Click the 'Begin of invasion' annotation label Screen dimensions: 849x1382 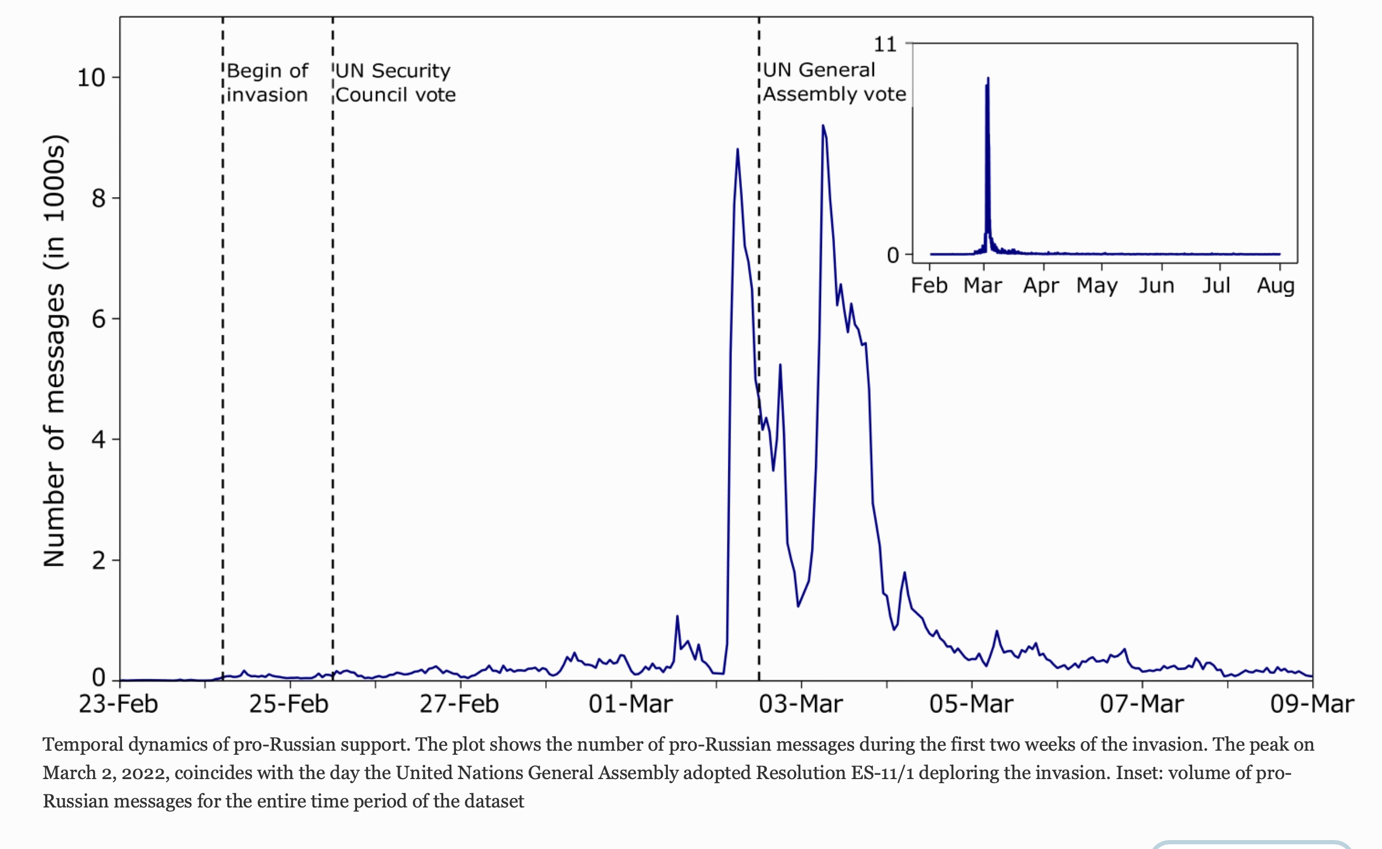267,83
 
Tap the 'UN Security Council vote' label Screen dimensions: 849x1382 395,83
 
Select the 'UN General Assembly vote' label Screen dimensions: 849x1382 834,82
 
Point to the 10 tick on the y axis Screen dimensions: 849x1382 92,77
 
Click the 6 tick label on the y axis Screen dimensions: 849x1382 99,319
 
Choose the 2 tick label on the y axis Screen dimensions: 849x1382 99,560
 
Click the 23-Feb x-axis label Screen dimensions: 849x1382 118,704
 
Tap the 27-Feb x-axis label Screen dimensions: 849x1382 460,704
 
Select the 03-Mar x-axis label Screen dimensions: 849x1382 801,704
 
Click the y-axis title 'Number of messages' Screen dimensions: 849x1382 55,351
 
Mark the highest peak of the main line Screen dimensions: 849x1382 822,126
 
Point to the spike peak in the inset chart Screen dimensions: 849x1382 988,79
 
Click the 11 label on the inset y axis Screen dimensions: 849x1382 885,44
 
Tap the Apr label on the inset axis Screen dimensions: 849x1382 1041,286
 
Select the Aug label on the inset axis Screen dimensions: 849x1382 1276,286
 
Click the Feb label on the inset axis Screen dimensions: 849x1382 929,286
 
